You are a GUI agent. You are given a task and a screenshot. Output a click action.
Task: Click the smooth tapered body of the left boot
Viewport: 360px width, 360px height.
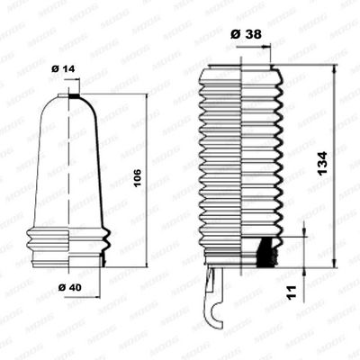point(70,162)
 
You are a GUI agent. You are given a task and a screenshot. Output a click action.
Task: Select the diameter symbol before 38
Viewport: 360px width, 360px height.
point(235,33)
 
